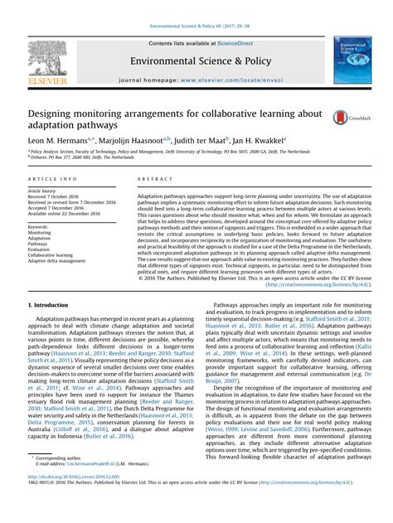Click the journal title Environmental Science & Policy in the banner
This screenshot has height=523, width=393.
point(195,61)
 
